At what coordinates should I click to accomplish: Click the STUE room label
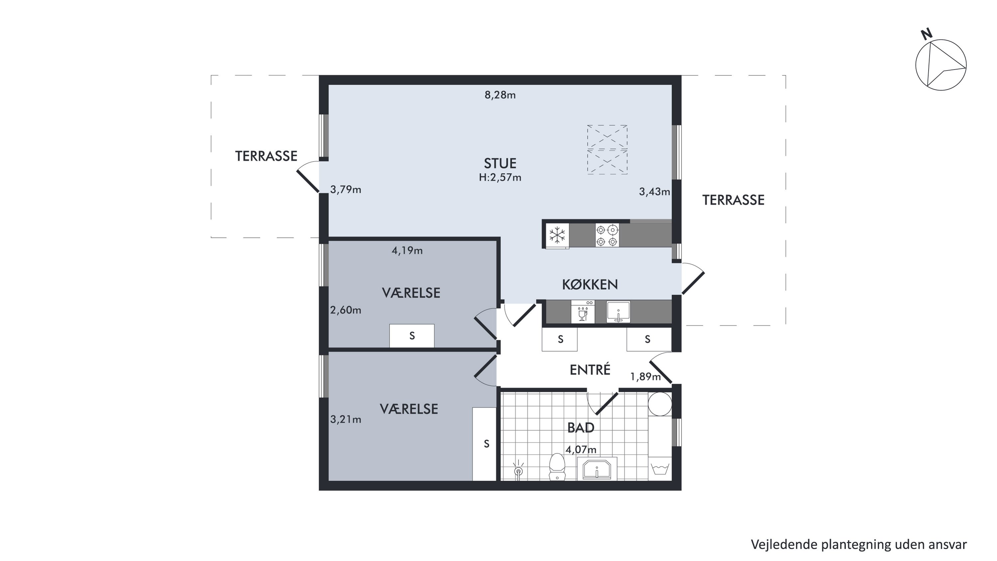(x=500, y=163)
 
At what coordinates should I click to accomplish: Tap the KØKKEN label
(x=590, y=285)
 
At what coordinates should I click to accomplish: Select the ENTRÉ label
(x=590, y=370)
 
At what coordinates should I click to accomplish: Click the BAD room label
(x=581, y=427)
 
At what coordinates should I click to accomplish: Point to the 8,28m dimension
(x=500, y=95)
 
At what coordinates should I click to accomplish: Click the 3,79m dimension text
(x=346, y=189)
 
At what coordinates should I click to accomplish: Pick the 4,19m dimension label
(x=407, y=250)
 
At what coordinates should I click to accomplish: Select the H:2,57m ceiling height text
(x=500, y=177)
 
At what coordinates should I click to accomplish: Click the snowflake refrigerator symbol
(x=557, y=235)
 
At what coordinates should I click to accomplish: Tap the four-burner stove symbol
(x=607, y=235)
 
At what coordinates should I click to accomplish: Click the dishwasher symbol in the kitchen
(x=583, y=311)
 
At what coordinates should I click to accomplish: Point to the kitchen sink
(x=618, y=311)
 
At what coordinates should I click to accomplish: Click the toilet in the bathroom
(x=557, y=467)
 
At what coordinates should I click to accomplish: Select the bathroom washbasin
(x=597, y=469)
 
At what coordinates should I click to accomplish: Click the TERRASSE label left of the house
(x=266, y=156)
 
